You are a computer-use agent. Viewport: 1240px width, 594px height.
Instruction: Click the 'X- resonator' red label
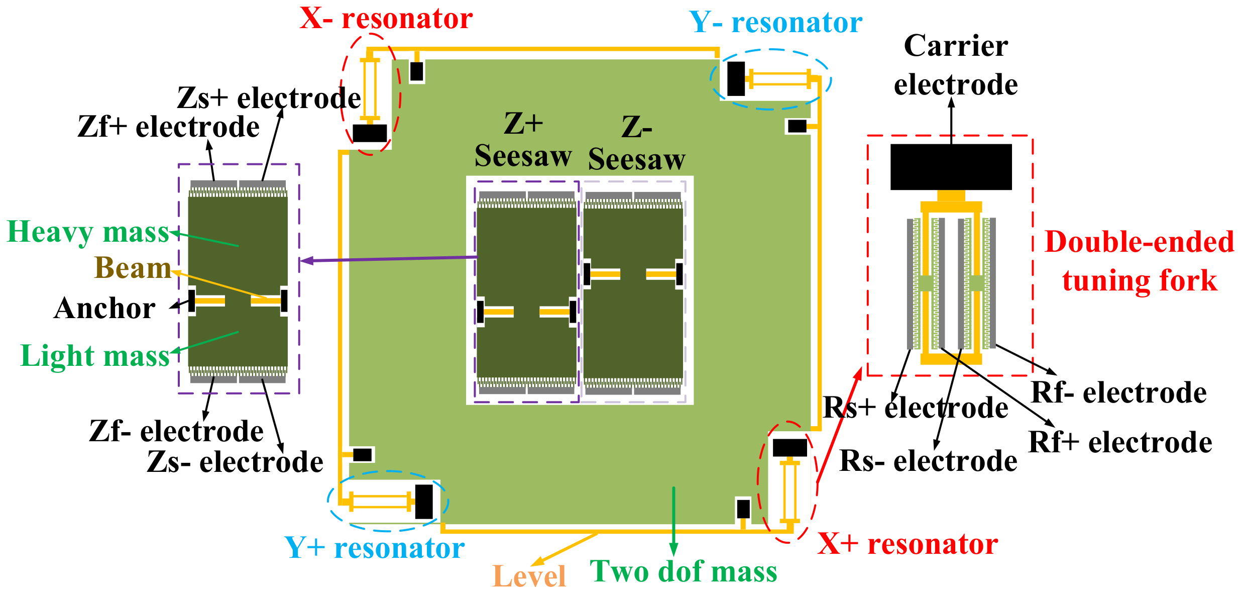point(386,19)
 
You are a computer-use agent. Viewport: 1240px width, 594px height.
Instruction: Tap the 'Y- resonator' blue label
point(775,23)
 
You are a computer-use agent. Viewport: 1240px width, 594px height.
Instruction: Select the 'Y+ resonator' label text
point(374,548)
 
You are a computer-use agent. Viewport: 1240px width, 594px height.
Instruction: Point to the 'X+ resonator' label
point(908,544)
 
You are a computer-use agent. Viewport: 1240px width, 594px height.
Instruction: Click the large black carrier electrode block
point(951,167)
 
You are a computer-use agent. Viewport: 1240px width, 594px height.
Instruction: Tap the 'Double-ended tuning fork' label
point(1139,261)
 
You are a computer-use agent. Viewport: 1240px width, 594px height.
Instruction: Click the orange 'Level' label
point(529,576)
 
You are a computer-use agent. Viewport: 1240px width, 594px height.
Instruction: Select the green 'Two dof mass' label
point(684,572)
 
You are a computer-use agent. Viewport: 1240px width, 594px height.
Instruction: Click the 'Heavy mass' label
point(88,233)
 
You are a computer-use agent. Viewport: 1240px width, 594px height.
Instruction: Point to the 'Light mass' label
point(95,356)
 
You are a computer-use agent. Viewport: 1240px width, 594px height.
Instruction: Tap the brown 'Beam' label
point(133,268)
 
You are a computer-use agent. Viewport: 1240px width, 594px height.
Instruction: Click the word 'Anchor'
point(104,308)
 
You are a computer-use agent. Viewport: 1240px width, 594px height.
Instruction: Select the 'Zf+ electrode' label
point(168,127)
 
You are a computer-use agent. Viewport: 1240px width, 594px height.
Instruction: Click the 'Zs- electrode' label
point(235,462)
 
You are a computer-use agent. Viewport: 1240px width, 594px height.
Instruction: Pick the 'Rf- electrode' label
point(1118,392)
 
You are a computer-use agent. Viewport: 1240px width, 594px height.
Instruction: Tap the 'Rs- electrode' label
point(928,461)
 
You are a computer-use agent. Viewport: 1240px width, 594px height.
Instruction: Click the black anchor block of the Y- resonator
point(736,79)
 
